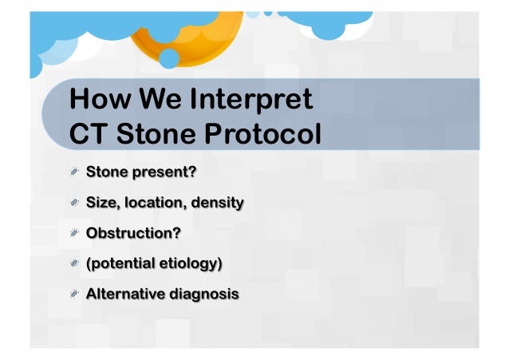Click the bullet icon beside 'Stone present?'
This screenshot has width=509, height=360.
[x=74, y=172]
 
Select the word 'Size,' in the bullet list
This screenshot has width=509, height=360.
[x=103, y=203]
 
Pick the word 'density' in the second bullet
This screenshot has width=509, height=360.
[x=217, y=203]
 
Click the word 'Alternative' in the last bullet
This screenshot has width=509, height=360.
[x=124, y=294]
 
